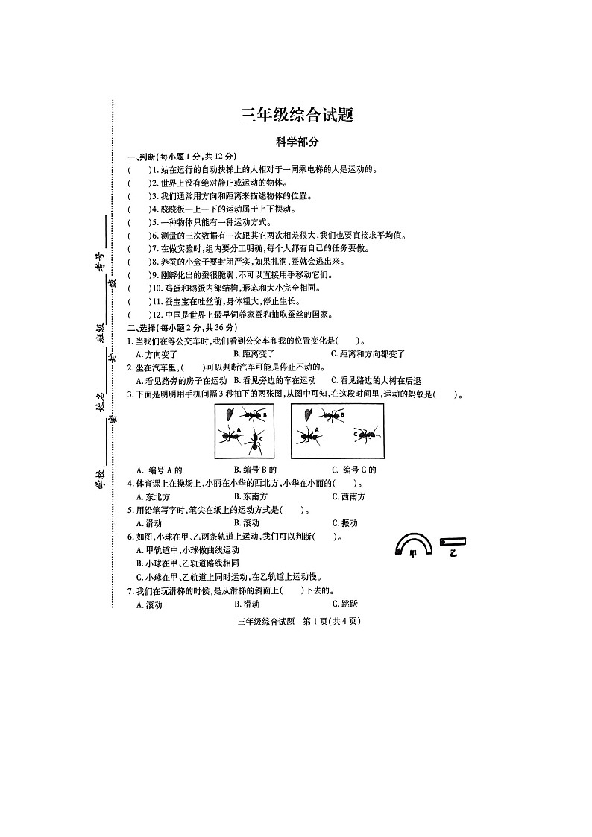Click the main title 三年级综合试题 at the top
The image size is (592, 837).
[296, 116]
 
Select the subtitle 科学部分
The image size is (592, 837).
[297, 142]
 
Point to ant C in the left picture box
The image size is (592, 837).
[255, 441]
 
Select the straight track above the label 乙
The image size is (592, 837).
[453, 541]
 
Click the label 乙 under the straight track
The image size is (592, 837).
[453, 552]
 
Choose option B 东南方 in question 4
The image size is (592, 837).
[251, 496]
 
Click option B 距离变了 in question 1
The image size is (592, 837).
[254, 353]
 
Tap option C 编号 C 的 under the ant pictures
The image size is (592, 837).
[354, 470]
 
